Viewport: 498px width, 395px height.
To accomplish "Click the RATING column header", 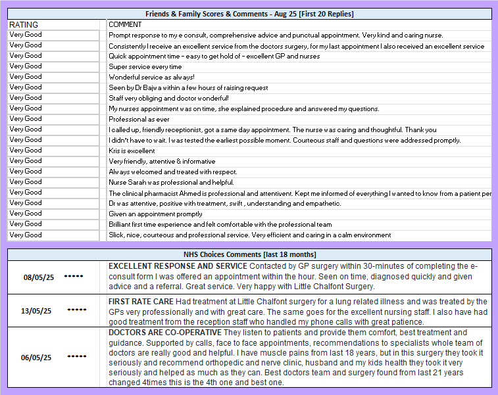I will [24, 24].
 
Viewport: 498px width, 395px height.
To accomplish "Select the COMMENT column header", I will [125, 24].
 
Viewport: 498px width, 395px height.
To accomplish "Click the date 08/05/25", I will [37, 277].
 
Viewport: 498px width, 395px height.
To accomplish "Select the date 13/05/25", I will [37, 311].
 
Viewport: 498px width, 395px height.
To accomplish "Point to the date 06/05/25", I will [37, 358].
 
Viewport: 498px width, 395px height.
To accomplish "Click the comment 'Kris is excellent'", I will [132, 151].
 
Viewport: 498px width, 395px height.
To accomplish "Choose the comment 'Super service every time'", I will [145, 66].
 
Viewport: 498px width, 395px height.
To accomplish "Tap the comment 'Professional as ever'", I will [139, 119].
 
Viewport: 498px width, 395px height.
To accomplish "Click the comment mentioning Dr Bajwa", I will [188, 87].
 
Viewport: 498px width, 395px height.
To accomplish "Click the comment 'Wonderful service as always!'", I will [151, 77].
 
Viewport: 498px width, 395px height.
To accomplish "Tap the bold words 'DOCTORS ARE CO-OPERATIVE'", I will [161, 333].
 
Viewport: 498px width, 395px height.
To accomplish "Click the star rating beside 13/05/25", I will [77, 309].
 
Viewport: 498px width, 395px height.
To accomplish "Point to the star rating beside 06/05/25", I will [77, 356].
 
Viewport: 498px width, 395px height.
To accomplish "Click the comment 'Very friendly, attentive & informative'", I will [162, 161].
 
